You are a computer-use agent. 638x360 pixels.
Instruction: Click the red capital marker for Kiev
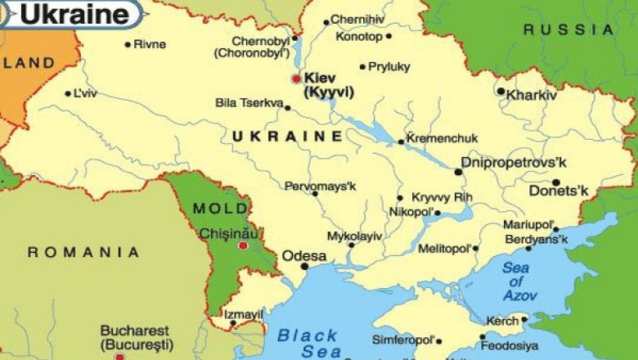(x=296, y=79)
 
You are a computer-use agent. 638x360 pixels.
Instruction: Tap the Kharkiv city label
(x=532, y=95)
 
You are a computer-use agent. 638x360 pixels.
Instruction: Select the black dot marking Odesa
(x=304, y=266)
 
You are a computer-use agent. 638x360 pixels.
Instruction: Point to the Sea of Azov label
(x=519, y=281)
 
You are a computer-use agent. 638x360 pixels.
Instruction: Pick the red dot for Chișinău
(x=242, y=245)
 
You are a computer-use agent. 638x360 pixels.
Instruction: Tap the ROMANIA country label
(x=83, y=252)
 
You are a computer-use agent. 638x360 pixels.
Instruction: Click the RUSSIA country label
(x=568, y=29)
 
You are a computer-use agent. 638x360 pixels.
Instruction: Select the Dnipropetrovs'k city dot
(x=458, y=172)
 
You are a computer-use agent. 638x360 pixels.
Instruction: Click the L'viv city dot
(x=68, y=93)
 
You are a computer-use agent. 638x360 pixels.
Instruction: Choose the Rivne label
(x=150, y=44)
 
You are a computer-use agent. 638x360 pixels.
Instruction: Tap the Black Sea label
(x=308, y=343)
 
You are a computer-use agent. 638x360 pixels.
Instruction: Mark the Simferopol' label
(x=402, y=340)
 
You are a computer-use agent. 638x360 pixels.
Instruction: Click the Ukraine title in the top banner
(x=74, y=14)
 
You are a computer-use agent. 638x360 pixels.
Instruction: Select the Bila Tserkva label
(x=248, y=103)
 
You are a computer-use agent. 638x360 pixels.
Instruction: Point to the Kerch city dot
(x=524, y=319)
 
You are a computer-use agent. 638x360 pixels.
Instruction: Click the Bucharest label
(x=135, y=331)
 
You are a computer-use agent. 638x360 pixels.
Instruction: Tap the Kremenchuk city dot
(x=401, y=142)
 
